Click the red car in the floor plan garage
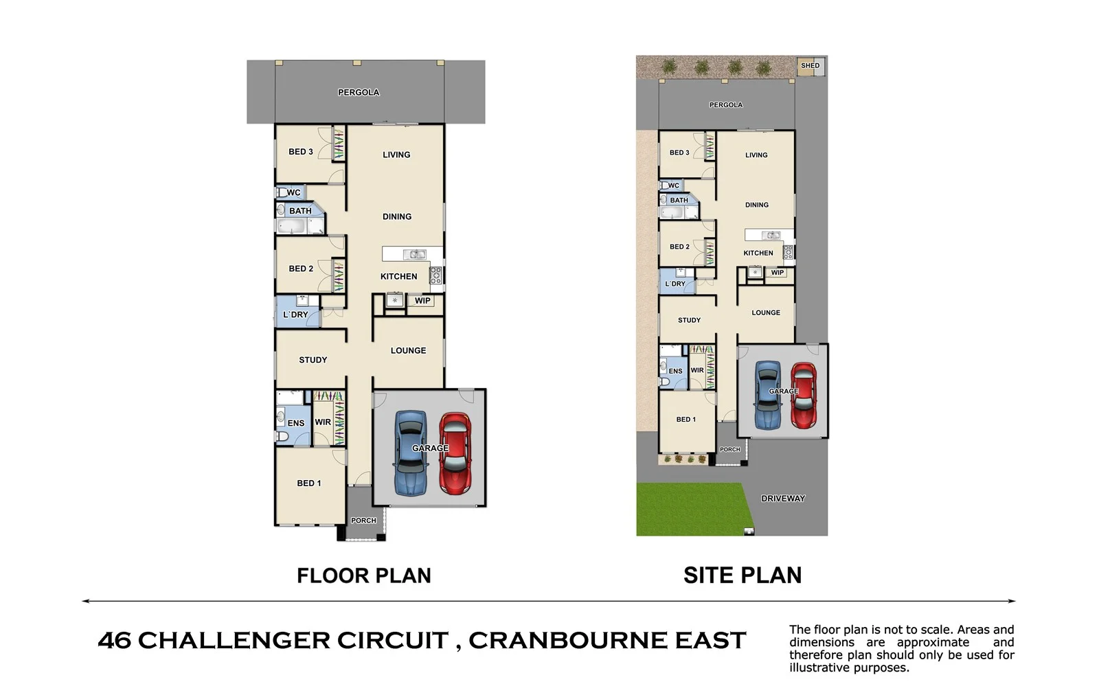click(454, 453)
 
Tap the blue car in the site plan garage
click(767, 395)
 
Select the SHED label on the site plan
click(810, 66)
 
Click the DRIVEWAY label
click(782, 499)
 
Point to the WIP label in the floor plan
click(422, 301)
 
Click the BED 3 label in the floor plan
click(300, 152)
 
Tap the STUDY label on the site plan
click(689, 320)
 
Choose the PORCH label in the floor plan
click(363, 521)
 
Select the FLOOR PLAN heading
click(363, 575)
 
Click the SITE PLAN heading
click(742, 575)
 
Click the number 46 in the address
click(114, 640)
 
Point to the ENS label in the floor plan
click(295, 423)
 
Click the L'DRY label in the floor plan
click(295, 315)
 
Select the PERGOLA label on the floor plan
click(358, 93)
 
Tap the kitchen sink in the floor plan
click(413, 255)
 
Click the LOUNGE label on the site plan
click(765, 312)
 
